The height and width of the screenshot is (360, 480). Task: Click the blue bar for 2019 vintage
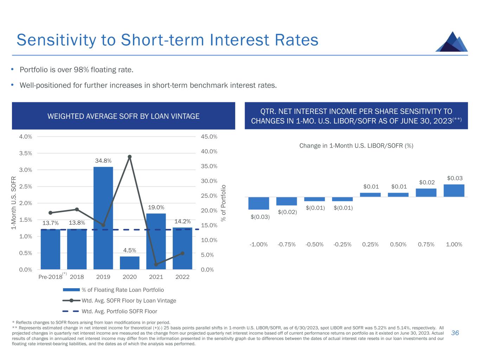[x=103, y=218]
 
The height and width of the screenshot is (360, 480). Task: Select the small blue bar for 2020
[x=129, y=263]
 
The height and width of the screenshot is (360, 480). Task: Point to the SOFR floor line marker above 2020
[x=129, y=157]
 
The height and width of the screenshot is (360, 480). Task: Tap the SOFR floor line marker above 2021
[x=156, y=264]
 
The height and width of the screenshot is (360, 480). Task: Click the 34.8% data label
[x=103, y=161]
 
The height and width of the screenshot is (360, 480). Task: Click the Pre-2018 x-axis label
[x=50, y=277]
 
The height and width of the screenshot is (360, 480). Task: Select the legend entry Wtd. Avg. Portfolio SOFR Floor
[x=119, y=311]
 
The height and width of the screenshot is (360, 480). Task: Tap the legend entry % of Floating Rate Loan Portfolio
[x=122, y=290]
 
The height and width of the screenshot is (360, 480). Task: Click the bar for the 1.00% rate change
[x=454, y=190]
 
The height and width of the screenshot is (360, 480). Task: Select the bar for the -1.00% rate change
[x=259, y=203]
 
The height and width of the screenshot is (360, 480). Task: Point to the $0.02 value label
[x=427, y=182]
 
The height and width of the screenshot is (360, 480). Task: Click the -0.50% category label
[x=314, y=244]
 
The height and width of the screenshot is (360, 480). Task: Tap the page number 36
[x=455, y=333]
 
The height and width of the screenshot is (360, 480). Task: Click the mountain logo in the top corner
[x=452, y=42]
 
